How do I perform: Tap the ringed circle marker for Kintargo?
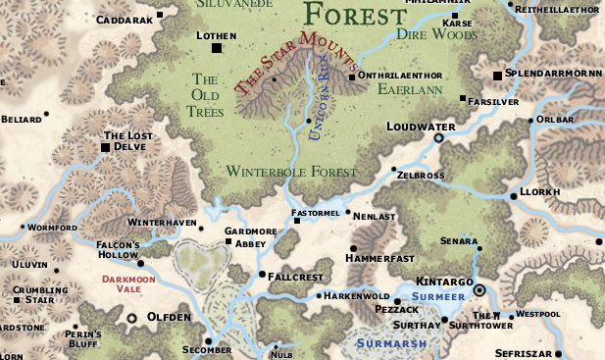[479, 290]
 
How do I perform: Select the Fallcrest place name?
[295, 278]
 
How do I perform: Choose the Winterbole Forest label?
[290, 172]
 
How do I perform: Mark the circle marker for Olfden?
[131, 319]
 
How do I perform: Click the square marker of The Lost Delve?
[105, 147]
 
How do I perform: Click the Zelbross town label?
[422, 175]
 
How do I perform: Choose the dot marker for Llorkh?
[513, 196]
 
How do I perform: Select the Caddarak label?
[124, 20]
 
